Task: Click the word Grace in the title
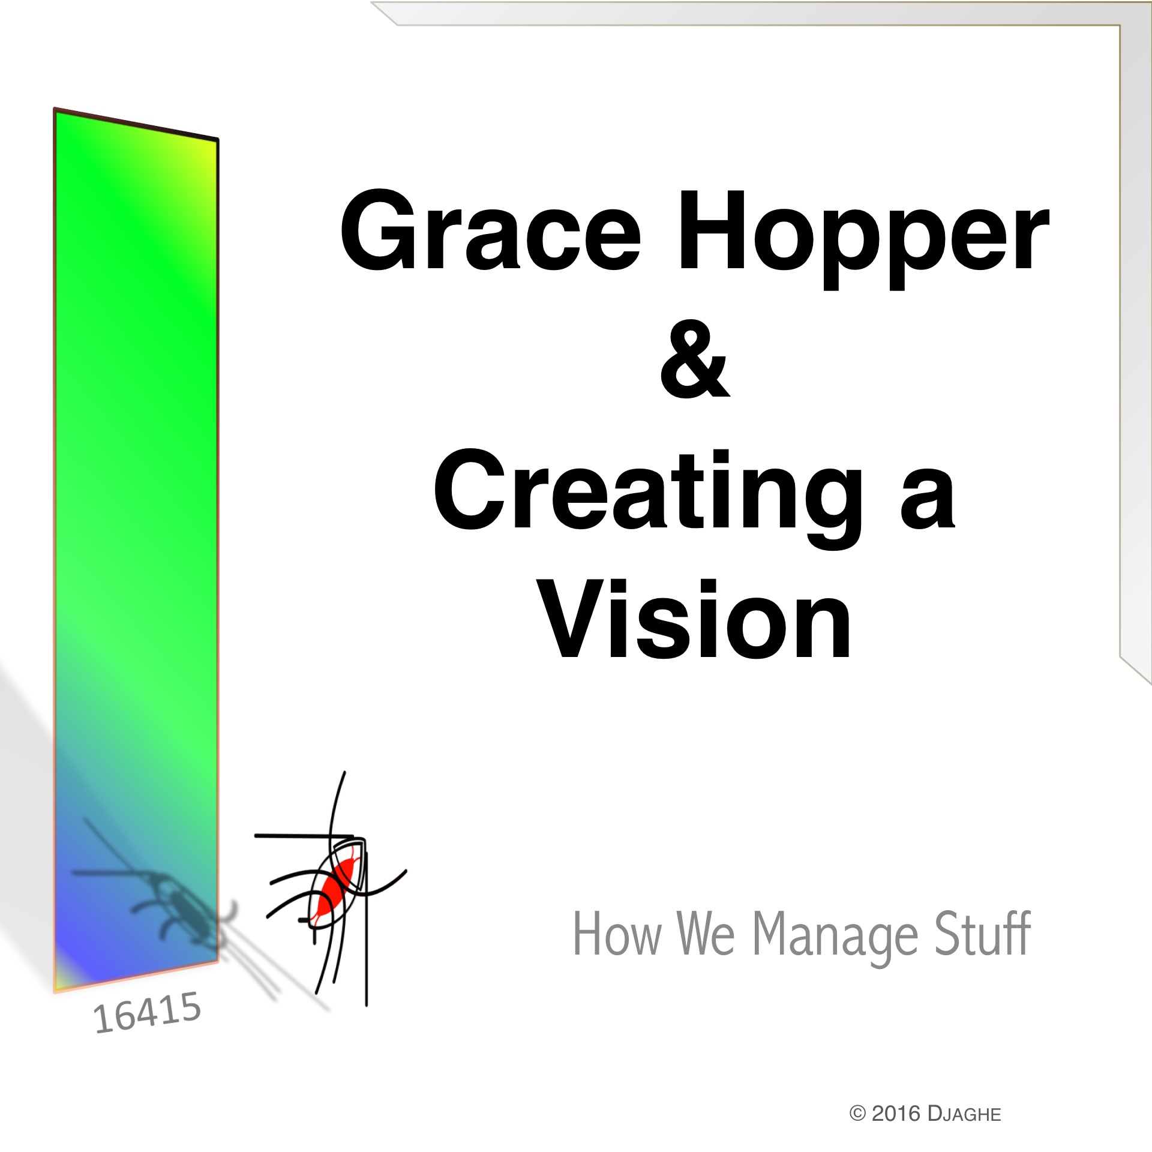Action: (491, 229)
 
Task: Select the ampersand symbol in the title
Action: (695, 358)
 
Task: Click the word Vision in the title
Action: (694, 619)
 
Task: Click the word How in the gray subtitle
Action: (617, 934)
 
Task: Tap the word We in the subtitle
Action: (706, 934)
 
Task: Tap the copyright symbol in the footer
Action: (857, 1114)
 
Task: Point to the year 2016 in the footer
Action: (896, 1114)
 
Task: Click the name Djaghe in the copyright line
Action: (964, 1114)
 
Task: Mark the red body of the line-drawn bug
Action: (335, 889)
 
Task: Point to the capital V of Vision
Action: (577, 619)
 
